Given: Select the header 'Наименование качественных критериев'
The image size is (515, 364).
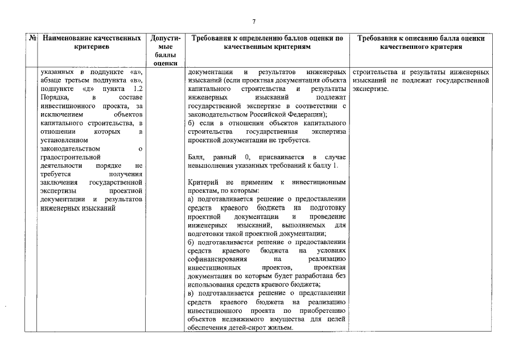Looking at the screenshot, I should pyautogui.click(x=92, y=43).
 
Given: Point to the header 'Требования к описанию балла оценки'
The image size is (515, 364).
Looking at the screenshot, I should pyautogui.click(x=421, y=43).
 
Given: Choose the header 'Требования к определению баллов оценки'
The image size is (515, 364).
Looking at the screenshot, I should pyautogui.click(x=267, y=43).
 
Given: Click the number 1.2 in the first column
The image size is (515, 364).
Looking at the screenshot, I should pyautogui.click(x=134, y=90).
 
